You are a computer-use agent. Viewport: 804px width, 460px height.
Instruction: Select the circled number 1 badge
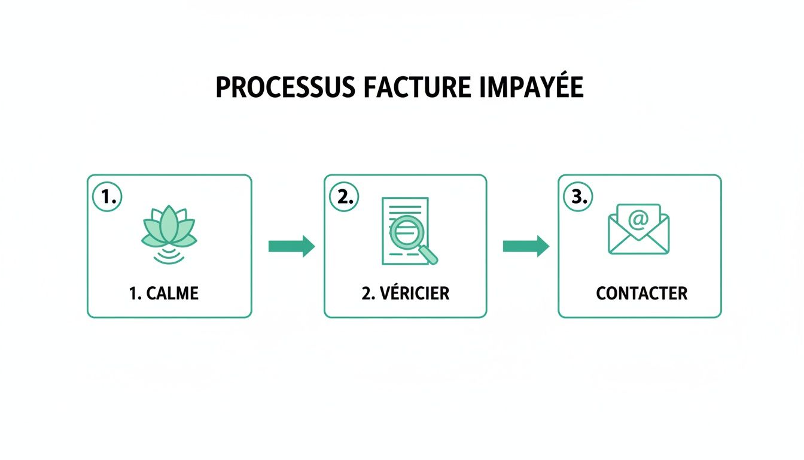(x=108, y=197)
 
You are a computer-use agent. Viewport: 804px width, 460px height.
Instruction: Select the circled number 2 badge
(x=345, y=197)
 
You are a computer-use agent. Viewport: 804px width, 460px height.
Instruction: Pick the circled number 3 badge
(x=578, y=197)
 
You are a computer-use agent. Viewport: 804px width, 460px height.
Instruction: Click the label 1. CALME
(x=163, y=293)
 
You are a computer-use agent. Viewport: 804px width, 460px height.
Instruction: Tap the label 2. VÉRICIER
(x=405, y=293)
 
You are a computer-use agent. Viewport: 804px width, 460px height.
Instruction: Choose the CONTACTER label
(x=641, y=293)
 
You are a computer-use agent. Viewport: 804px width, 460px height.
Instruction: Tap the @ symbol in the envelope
(x=638, y=220)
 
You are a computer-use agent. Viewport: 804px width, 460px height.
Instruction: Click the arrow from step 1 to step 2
(x=291, y=246)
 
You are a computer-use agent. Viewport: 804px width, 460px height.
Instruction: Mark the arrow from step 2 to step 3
(x=526, y=246)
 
